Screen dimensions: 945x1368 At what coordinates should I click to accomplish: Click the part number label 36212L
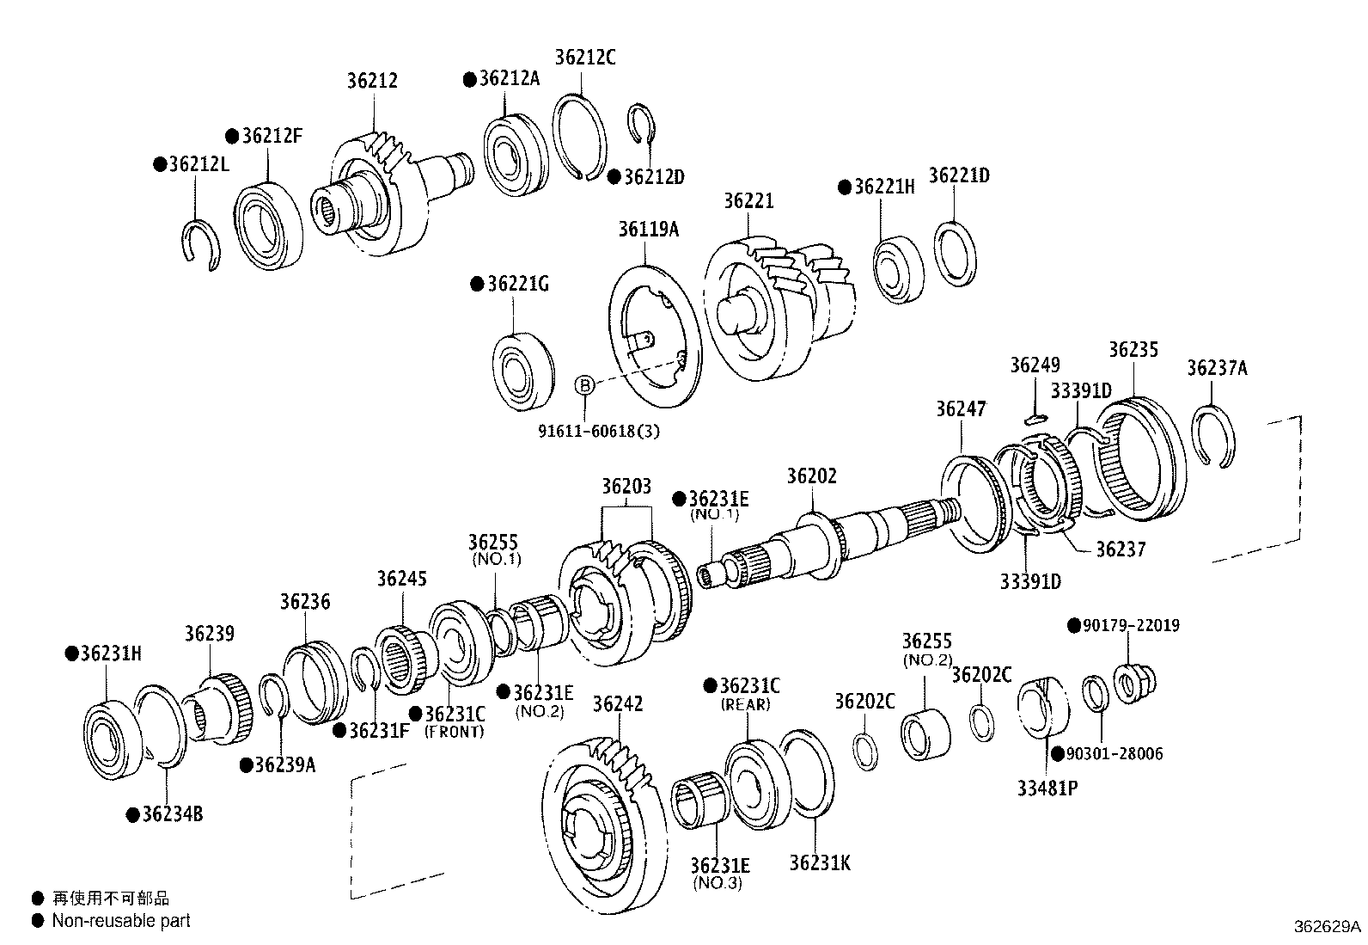pos(198,163)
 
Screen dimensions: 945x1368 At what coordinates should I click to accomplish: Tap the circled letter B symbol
pos(584,384)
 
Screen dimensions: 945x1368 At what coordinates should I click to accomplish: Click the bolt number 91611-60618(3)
pos(599,431)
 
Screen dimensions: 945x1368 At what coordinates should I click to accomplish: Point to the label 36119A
pos(648,230)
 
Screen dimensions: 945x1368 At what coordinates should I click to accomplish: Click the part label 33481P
pos(1047,788)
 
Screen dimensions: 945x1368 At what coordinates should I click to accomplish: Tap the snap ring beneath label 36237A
pos(1217,437)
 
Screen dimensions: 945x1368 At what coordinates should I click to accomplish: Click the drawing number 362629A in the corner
pos(1328,927)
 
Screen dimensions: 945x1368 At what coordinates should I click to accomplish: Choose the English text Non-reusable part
pos(121,920)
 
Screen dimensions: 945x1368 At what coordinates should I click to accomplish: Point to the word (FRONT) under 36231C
pos(455,732)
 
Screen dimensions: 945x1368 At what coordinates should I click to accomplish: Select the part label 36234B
pos(172,813)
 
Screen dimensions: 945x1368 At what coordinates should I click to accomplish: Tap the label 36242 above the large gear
pos(617,704)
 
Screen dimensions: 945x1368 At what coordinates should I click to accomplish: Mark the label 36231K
pos(820,862)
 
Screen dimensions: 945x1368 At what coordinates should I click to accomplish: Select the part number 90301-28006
pos(1114,754)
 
